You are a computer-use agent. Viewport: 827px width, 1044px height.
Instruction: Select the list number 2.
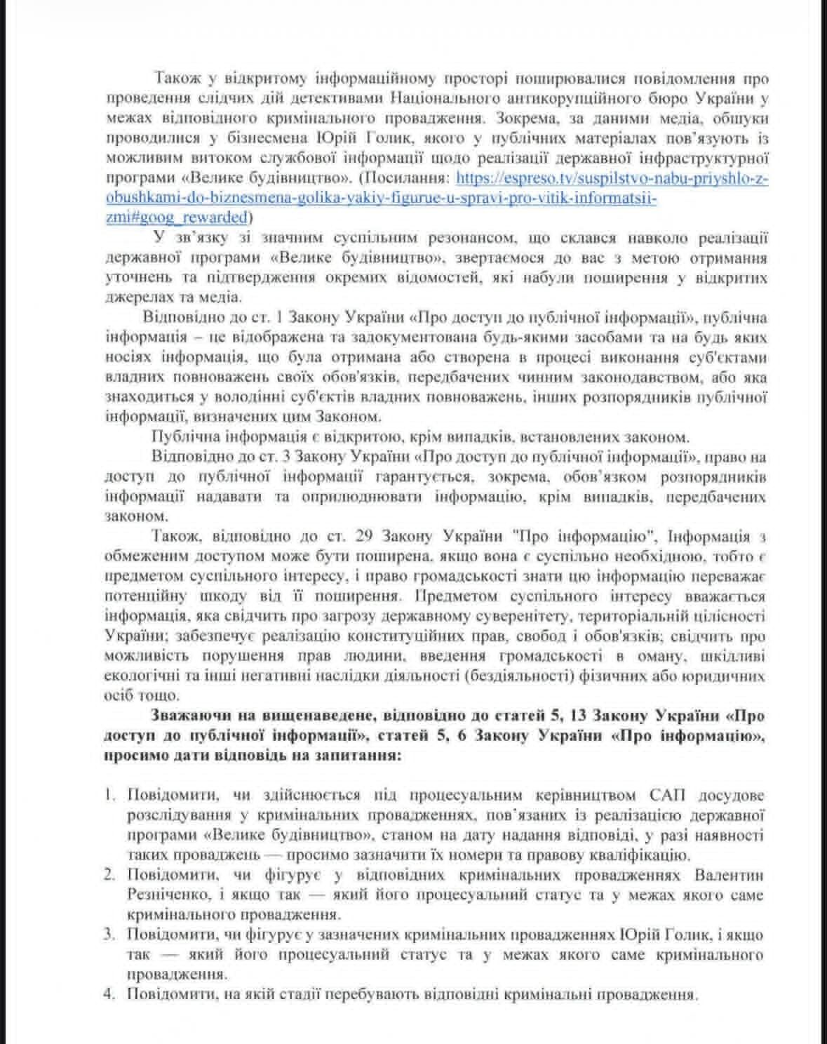click(109, 876)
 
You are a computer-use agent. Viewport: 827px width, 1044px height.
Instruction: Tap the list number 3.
click(109, 935)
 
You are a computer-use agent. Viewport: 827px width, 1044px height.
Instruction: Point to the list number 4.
click(109, 995)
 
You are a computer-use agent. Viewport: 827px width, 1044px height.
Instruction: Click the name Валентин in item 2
click(728, 876)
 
